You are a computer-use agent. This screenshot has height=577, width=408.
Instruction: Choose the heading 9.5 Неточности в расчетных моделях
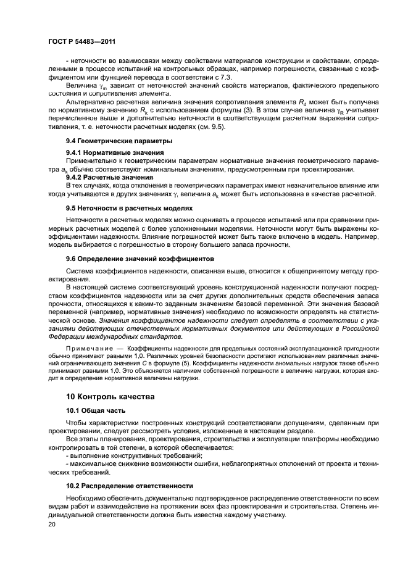[x=130, y=208]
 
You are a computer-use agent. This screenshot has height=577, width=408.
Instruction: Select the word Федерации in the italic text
[x=69, y=337]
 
